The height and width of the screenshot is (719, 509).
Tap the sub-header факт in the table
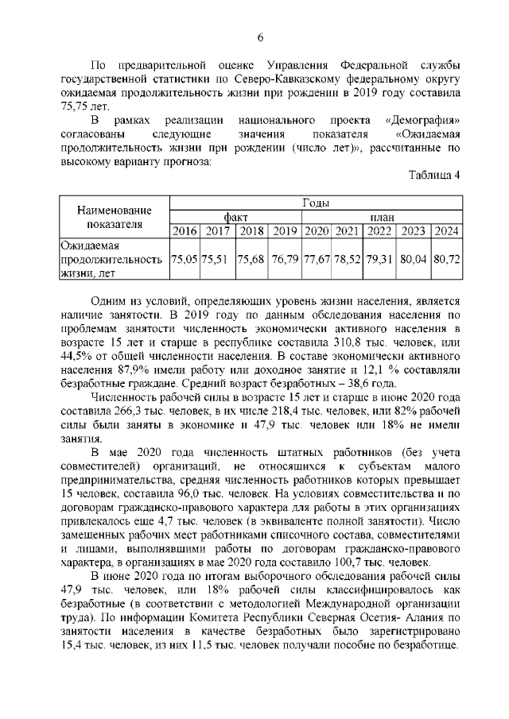(235, 217)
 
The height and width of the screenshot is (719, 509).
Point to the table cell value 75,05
(185, 259)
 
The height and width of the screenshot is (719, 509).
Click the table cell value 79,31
(381, 259)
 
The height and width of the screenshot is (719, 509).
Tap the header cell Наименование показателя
(115, 217)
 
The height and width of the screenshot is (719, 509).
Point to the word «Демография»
(422, 119)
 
